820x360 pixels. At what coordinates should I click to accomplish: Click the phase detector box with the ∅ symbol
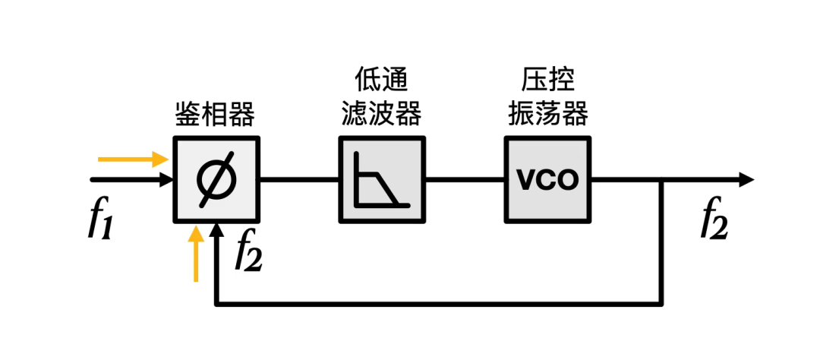click(x=216, y=180)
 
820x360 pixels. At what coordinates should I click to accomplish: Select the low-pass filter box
click(x=382, y=180)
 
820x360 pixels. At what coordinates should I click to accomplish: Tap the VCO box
click(x=547, y=180)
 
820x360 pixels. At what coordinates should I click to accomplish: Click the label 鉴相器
click(x=215, y=115)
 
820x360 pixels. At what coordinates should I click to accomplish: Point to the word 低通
click(x=381, y=78)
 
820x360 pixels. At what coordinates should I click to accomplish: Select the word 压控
click(x=547, y=78)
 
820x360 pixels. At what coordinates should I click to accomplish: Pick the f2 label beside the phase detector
click(x=248, y=252)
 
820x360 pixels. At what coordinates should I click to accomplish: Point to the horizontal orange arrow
click(x=133, y=159)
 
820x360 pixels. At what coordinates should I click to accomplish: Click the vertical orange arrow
click(x=197, y=254)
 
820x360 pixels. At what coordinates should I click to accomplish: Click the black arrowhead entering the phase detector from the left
click(x=166, y=180)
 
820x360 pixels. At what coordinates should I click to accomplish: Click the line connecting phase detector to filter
click(x=299, y=180)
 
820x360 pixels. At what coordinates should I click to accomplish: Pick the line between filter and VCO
click(x=465, y=180)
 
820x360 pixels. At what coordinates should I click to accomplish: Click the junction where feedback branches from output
click(x=663, y=180)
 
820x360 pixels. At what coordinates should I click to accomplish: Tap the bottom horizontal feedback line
click(x=440, y=305)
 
